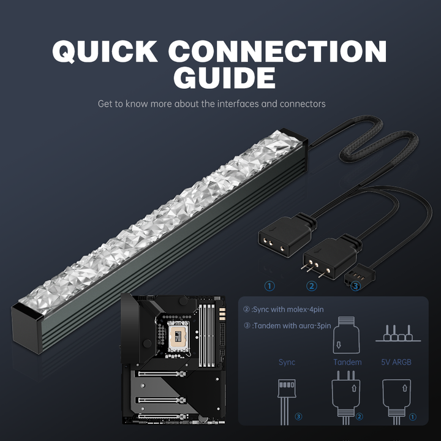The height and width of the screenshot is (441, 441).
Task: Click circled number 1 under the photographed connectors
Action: (269, 286)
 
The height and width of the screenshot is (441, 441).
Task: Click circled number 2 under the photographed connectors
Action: (312, 286)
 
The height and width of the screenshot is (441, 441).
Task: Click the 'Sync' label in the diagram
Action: (287, 362)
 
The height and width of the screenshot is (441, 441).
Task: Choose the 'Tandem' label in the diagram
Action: (347, 362)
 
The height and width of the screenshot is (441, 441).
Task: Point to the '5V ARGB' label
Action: (396, 362)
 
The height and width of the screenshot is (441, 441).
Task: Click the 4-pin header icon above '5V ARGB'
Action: (396, 334)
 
